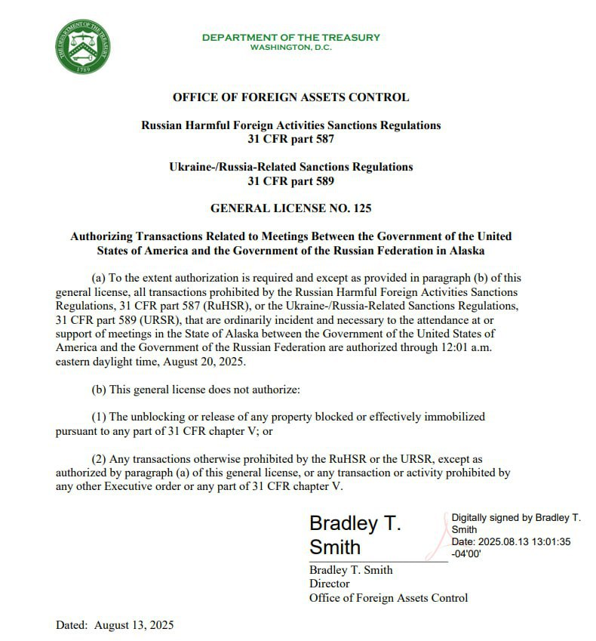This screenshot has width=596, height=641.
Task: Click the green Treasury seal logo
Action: (x=83, y=47)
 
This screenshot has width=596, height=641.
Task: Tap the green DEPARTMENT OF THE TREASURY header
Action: (x=290, y=37)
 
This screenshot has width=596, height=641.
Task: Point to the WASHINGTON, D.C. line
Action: (x=290, y=48)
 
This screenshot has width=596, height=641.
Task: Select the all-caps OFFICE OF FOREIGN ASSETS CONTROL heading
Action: (x=290, y=97)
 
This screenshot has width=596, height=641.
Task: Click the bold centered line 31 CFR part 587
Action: (x=290, y=139)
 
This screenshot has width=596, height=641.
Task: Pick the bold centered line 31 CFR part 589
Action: (x=290, y=180)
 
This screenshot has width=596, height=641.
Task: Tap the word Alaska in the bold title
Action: (x=465, y=250)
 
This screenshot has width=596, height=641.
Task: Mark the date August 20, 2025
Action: (x=206, y=361)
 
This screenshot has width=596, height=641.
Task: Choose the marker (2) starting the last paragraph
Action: (x=98, y=458)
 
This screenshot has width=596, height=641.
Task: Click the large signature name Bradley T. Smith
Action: (x=355, y=535)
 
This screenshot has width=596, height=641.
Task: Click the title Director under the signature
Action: (x=330, y=584)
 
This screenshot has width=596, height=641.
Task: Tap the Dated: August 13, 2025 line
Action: (x=115, y=625)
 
